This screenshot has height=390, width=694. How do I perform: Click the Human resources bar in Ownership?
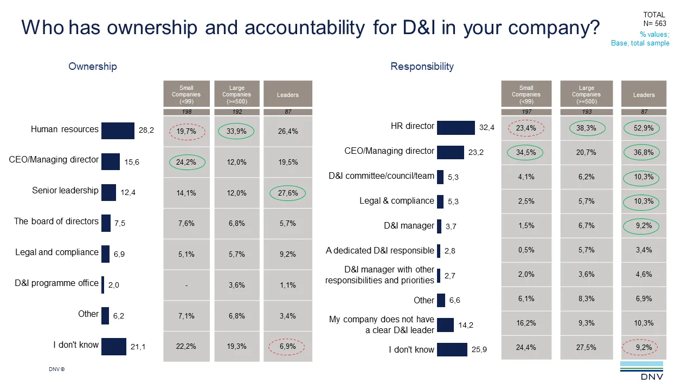pos(118,131)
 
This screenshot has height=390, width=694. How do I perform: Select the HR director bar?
pos(455,127)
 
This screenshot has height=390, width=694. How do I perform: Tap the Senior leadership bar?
pos(108,192)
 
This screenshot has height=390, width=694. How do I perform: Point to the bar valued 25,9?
pos(452,349)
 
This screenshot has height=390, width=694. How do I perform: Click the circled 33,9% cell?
pos(236,131)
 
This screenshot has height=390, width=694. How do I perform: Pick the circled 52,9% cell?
pos(644,128)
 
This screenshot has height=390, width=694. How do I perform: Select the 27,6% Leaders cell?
pos(287,193)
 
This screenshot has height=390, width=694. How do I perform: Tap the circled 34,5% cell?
pos(526,153)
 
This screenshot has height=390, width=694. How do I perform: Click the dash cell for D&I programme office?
pos(187,285)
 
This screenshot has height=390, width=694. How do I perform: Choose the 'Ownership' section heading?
pos(93,67)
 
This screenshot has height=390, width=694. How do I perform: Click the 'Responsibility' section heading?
pos(422,67)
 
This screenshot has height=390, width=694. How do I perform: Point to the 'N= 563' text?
pos(654,23)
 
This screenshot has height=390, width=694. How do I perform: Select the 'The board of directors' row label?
pos(56,221)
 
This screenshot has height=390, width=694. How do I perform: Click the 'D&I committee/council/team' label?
pos(381,176)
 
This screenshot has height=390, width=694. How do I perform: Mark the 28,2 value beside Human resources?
pos(146,131)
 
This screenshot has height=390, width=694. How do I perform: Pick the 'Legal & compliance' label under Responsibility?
pos(396,200)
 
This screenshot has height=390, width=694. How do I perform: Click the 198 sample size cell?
pos(187,112)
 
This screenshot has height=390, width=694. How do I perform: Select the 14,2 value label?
pos(466,325)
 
